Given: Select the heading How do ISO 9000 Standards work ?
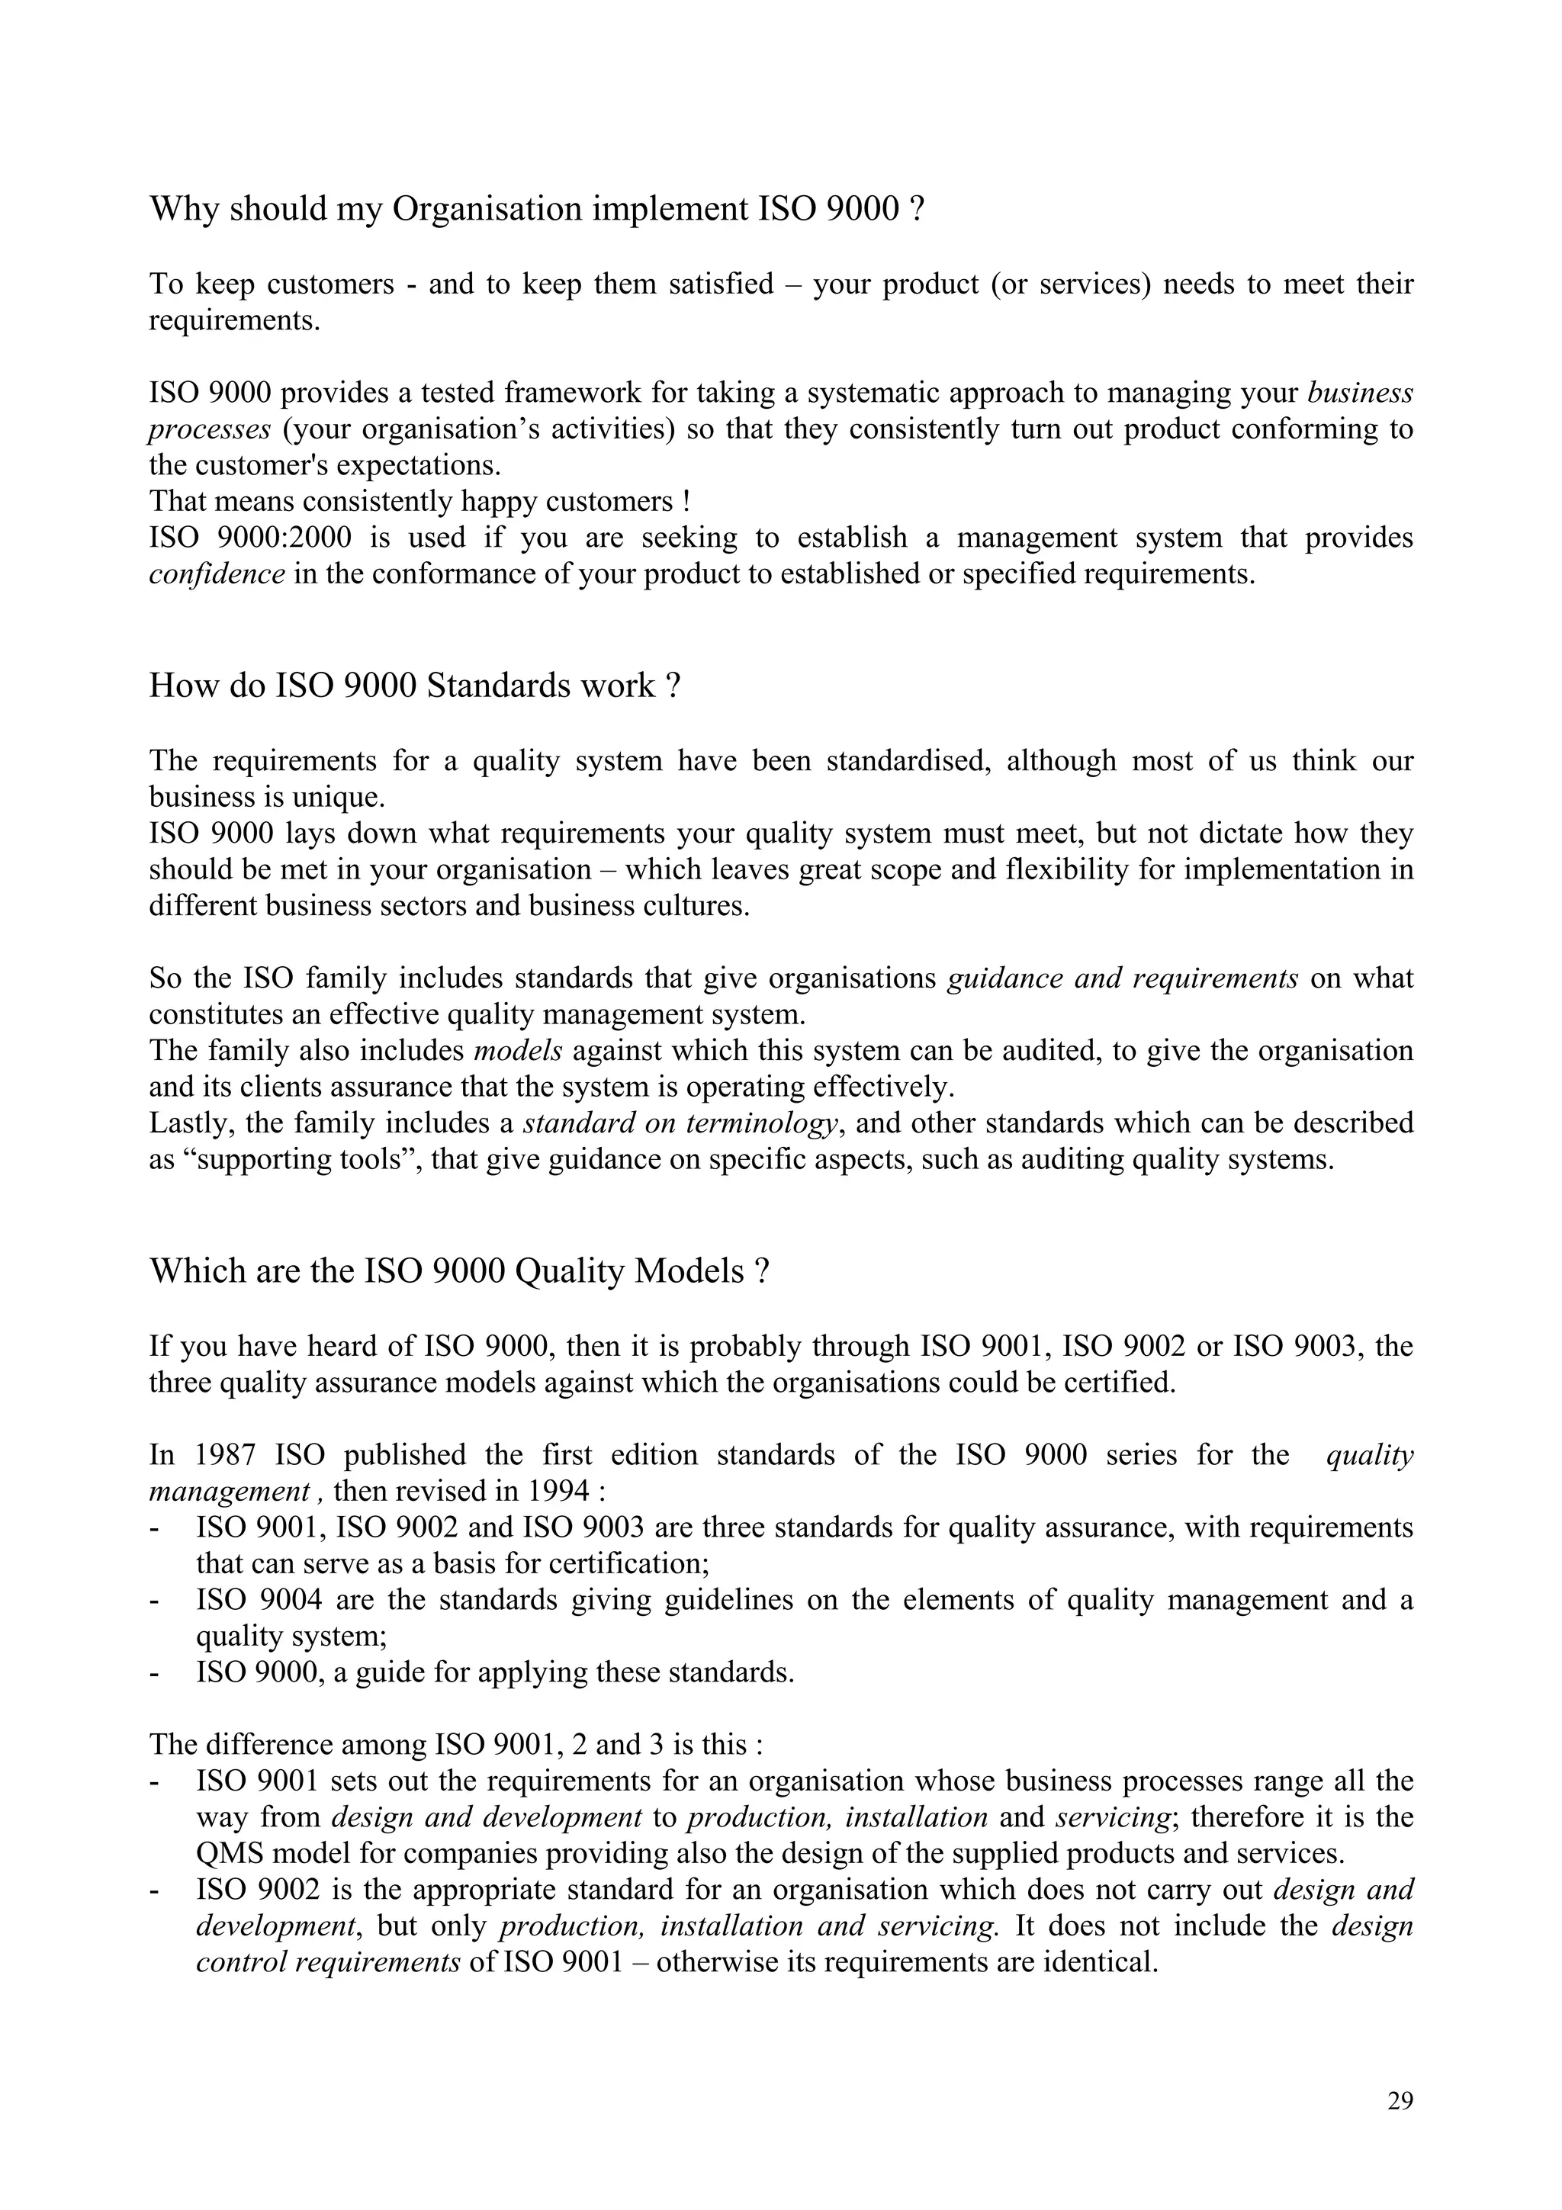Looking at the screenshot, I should pos(415,686).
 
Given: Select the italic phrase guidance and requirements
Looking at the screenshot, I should pos(1122,978).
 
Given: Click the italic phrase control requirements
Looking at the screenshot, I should pos(328,1961).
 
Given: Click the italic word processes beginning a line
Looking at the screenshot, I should pos(209,429).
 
